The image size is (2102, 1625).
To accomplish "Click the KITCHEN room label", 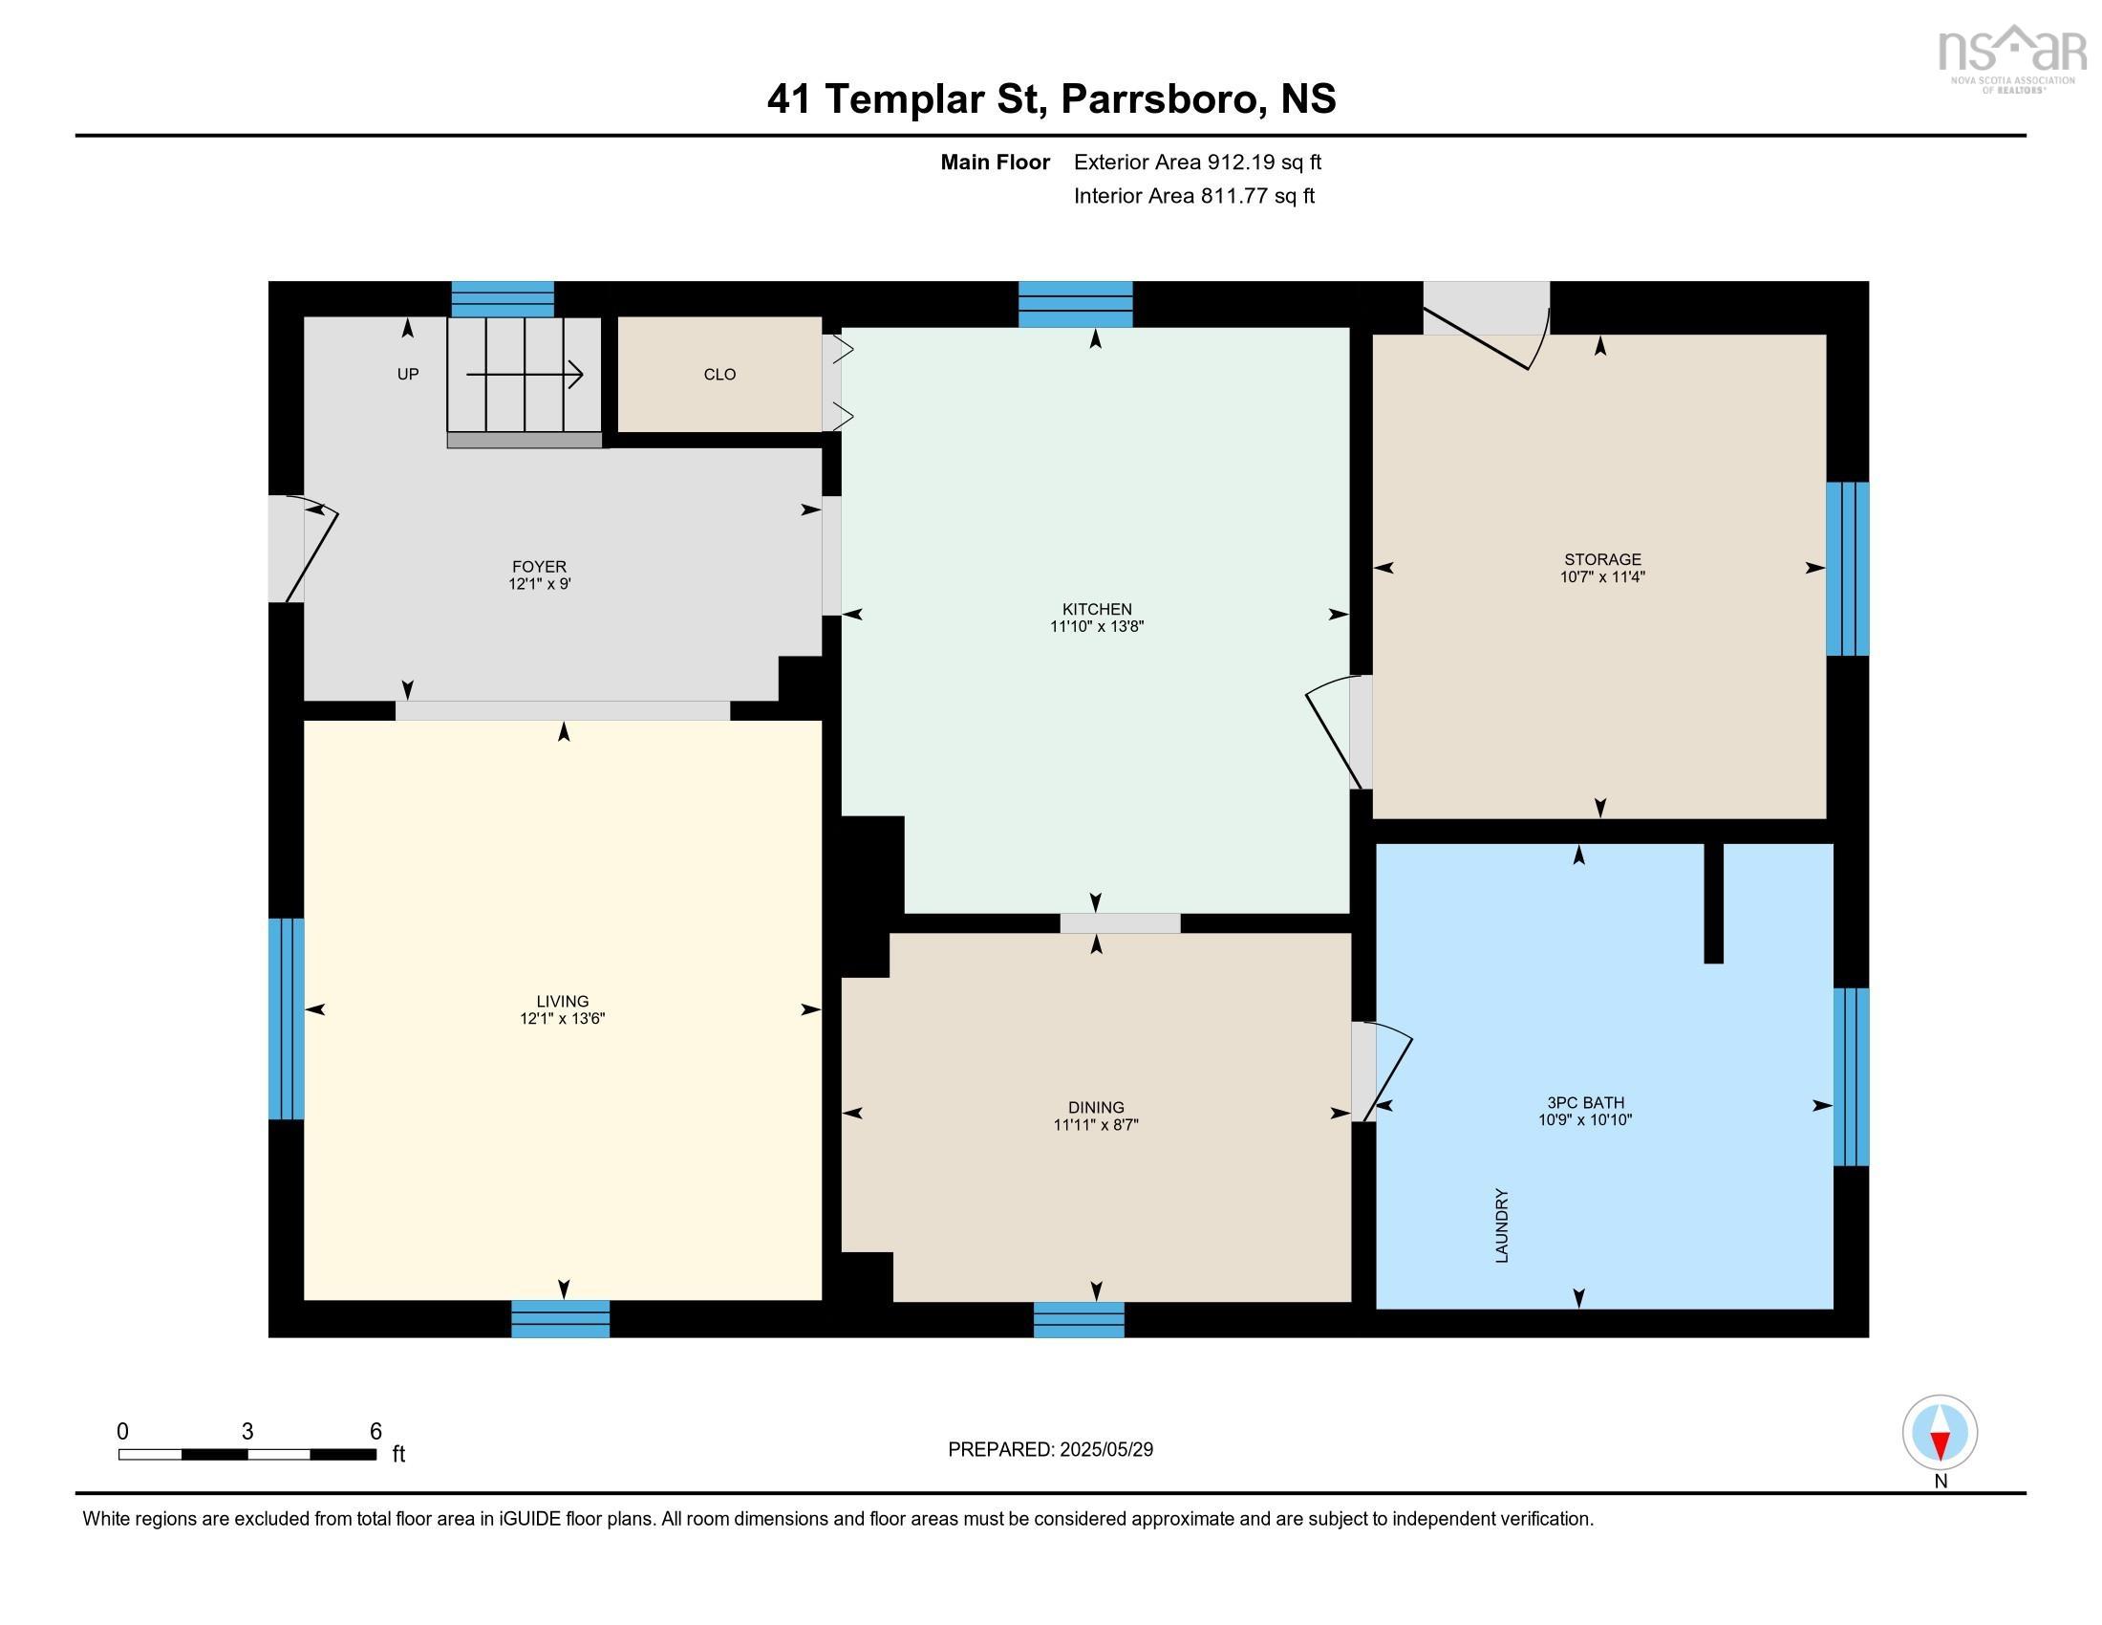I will click(1096, 608).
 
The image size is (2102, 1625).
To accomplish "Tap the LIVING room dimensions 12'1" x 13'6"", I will click(562, 1019).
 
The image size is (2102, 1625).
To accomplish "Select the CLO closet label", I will click(719, 375).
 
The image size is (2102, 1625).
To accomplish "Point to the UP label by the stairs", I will click(407, 374).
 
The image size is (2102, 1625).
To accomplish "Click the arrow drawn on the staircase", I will click(525, 375).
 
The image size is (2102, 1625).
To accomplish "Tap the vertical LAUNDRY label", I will click(1501, 1224).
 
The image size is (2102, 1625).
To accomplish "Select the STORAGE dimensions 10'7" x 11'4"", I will click(1601, 576).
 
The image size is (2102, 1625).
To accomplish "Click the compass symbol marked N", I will click(1940, 1432).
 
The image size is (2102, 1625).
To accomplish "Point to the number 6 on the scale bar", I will click(375, 1431).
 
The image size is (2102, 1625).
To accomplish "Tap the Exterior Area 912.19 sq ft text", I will click(1197, 162).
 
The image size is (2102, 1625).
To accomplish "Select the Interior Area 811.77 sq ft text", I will click(1193, 195).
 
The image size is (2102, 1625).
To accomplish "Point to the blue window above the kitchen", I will click(1075, 303).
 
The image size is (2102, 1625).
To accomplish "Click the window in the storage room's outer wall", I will click(1847, 568).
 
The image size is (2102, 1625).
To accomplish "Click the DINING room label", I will click(1095, 1107).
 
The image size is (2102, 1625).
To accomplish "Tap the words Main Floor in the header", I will click(995, 162).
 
